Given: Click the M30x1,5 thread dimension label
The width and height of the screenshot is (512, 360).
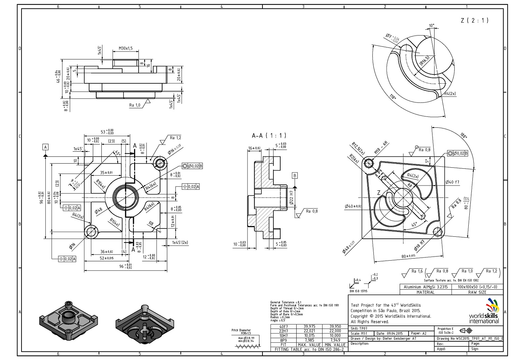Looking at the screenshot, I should click(x=126, y=48).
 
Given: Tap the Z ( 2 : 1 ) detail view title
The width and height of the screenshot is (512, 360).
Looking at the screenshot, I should click(x=474, y=20).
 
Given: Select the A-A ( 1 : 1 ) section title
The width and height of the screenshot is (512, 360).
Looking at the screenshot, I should click(x=269, y=136).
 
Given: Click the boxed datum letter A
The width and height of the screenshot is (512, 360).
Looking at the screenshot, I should click(x=45, y=147).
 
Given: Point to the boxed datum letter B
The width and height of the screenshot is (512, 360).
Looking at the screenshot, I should click(x=295, y=176).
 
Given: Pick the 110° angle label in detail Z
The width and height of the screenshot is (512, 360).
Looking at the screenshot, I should click(x=393, y=97).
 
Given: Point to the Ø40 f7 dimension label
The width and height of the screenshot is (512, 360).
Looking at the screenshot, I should click(x=453, y=182).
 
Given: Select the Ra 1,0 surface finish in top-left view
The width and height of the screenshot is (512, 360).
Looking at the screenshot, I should click(x=135, y=105).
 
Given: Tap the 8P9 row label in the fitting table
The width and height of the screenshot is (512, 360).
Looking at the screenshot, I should click(x=283, y=340).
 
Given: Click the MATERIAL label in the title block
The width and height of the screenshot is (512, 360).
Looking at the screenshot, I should click(x=426, y=292).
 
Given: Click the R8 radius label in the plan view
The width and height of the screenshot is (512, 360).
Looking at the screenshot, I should click(x=151, y=223).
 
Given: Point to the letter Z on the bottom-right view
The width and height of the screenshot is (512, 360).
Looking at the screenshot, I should click(x=379, y=193).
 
